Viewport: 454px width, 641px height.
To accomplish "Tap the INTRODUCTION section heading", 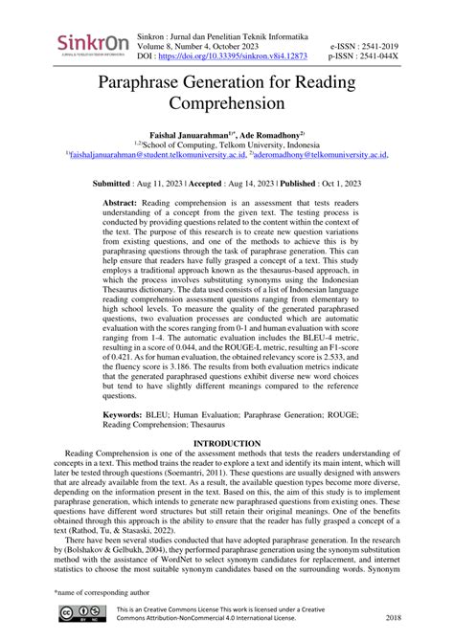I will tap(227, 444).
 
